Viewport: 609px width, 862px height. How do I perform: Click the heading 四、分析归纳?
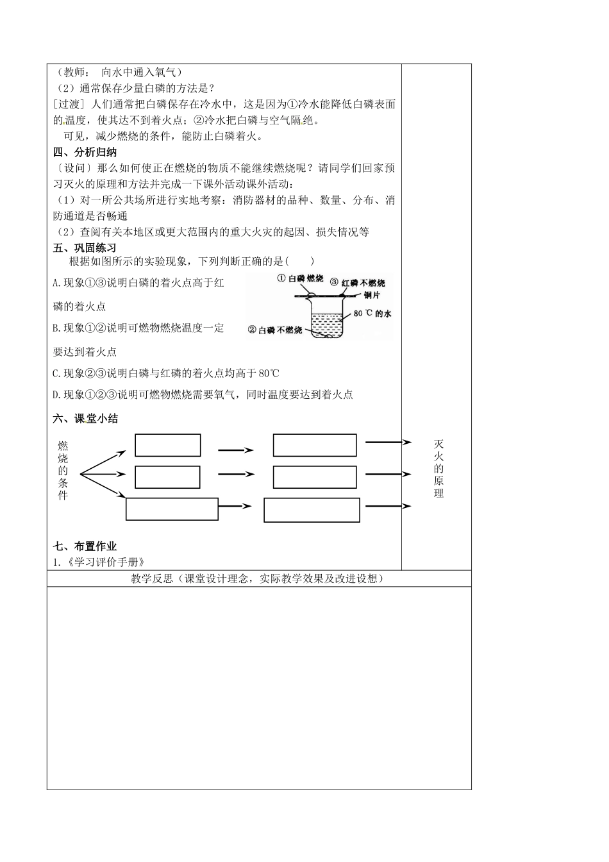(x=85, y=153)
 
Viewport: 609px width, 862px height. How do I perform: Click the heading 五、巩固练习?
(x=85, y=248)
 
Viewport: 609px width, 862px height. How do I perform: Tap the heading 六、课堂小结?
(x=85, y=419)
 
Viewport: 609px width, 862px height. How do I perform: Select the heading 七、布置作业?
(x=85, y=546)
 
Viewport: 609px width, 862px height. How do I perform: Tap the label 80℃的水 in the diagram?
(x=372, y=314)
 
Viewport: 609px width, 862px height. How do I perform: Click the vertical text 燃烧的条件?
(x=63, y=469)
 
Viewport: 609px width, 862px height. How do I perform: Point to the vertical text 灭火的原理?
(x=439, y=469)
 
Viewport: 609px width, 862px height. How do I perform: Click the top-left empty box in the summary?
(x=168, y=445)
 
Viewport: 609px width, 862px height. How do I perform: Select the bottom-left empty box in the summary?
(x=172, y=509)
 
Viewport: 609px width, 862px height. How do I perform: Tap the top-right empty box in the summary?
(x=315, y=445)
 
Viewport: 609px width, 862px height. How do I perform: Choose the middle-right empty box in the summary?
(x=315, y=477)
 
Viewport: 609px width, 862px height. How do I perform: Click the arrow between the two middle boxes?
(x=235, y=475)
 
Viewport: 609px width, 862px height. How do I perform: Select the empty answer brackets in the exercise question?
(x=299, y=261)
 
